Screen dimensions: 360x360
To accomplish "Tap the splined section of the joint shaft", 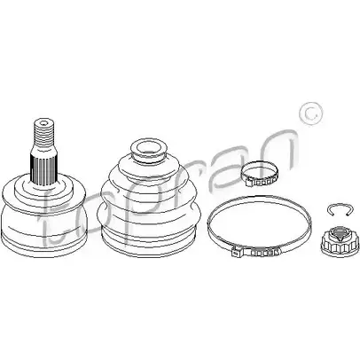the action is click(43, 168).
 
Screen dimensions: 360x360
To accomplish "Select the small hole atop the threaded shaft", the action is click(44, 122).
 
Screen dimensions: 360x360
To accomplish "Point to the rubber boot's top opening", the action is click(148, 147).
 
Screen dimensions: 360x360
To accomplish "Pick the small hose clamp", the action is click(260, 175).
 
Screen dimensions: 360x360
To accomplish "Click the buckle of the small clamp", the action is click(260, 184).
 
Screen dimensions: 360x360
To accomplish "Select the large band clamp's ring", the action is click(259, 225).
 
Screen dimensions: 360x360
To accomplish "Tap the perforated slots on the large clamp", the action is click(264, 253).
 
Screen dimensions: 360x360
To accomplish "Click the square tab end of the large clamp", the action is click(236, 253).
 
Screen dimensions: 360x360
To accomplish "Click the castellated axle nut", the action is click(338, 240).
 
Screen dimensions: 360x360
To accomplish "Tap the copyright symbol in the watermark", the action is click(311, 114).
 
